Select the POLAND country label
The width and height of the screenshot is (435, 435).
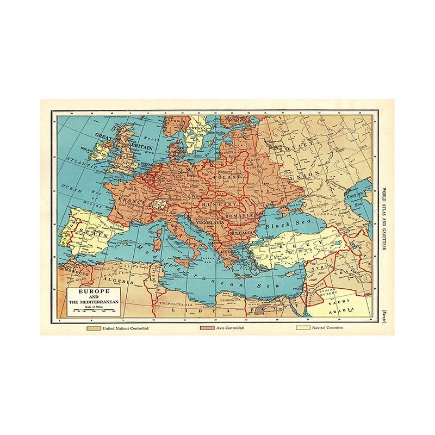click(226, 177)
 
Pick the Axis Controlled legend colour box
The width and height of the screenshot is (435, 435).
click(208, 329)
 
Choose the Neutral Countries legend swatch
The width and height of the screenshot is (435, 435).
click(301, 329)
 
